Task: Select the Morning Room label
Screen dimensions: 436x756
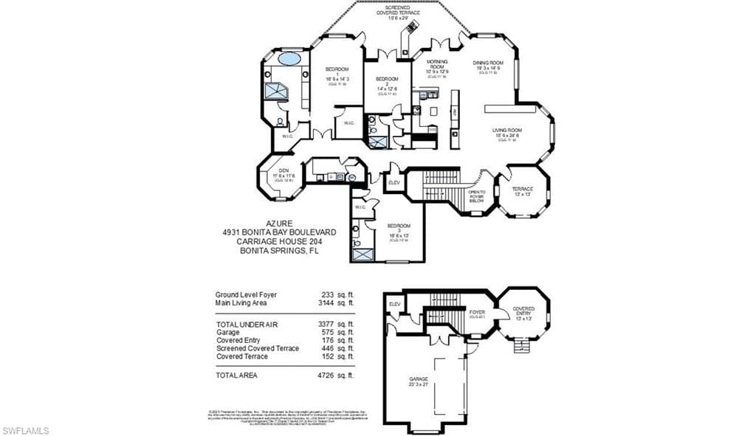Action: (x=437, y=65)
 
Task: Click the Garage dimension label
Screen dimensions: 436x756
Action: (x=419, y=384)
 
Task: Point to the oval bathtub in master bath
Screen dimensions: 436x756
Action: (x=289, y=58)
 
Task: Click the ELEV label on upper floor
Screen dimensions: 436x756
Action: (x=394, y=182)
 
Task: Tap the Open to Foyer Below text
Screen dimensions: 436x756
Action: (x=476, y=196)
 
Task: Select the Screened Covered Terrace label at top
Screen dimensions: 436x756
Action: (x=397, y=11)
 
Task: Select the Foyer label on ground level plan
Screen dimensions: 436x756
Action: (x=476, y=313)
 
